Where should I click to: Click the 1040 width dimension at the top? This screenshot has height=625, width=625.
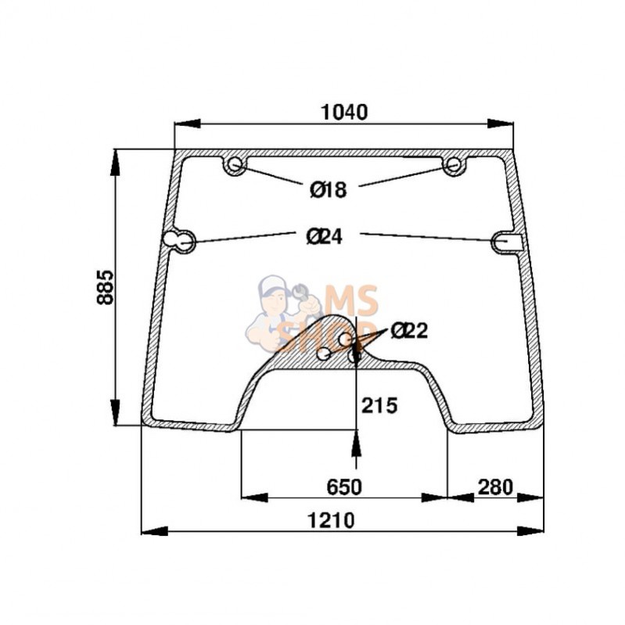point(344,112)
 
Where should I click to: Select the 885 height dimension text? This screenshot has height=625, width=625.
point(106,287)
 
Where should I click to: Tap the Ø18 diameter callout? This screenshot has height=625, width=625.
point(329,189)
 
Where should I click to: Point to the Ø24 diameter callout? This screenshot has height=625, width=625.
point(325,237)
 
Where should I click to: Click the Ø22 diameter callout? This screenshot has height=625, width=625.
point(409,330)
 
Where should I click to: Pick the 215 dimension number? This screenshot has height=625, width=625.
point(379,406)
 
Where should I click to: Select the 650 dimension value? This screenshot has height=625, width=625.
point(344,487)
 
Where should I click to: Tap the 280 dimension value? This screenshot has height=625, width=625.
point(495,487)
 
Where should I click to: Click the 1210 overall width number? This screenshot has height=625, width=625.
point(331,520)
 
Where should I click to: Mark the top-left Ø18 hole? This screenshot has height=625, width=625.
point(235,163)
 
